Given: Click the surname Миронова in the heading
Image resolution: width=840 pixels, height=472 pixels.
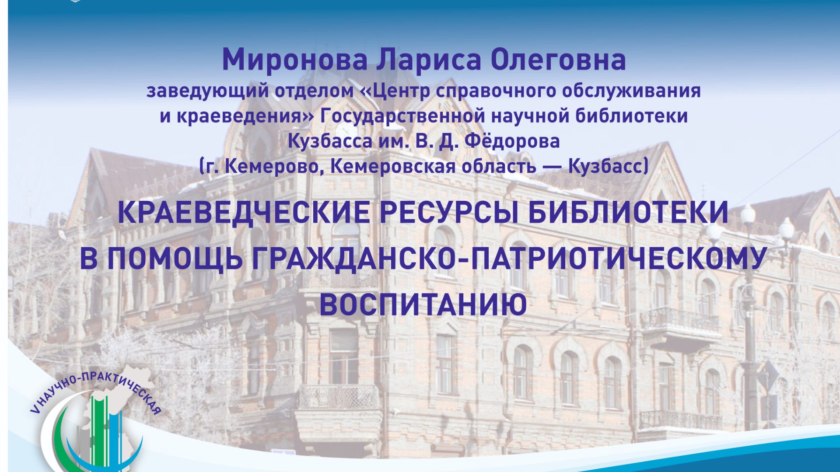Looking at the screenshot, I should (x=294, y=60).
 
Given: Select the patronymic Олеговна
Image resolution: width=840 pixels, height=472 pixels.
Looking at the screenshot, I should (x=558, y=60).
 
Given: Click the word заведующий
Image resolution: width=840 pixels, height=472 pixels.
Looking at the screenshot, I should (x=207, y=91).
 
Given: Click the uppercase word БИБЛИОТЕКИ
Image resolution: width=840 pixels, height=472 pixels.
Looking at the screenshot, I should (x=628, y=213).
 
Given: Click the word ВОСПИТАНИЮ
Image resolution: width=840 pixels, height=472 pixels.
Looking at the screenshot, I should (x=423, y=304).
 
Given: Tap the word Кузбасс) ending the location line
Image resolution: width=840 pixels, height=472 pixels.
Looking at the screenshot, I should (x=608, y=167).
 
